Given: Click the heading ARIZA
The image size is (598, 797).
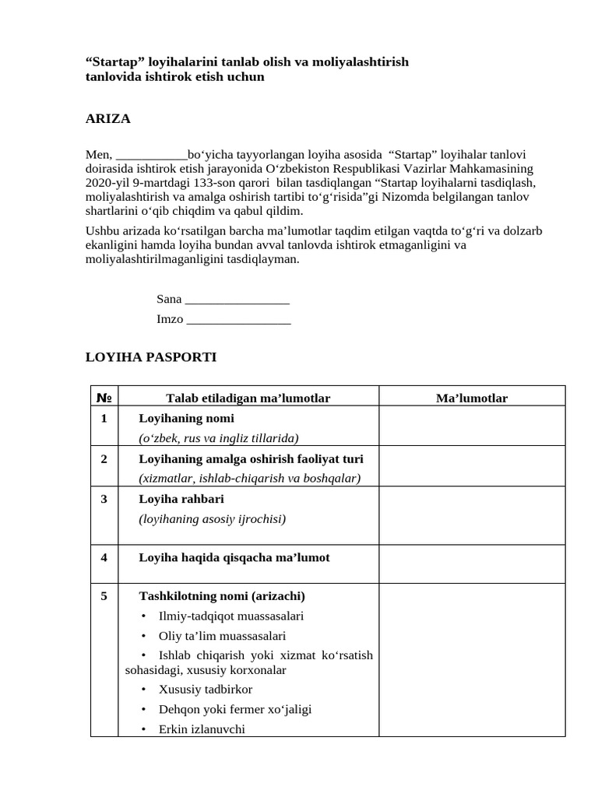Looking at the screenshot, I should [x=107, y=119].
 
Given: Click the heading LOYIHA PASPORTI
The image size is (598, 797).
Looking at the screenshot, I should [x=150, y=357].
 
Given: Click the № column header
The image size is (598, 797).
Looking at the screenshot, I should [x=104, y=398].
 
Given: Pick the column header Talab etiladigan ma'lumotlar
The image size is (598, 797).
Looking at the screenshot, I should [x=248, y=398].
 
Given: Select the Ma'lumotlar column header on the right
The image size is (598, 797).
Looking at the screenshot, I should [x=472, y=398].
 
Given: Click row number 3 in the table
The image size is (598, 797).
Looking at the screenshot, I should [x=104, y=499].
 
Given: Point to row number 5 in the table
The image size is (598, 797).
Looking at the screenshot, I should [x=104, y=596].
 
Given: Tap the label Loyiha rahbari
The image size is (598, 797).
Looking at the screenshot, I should [x=181, y=499].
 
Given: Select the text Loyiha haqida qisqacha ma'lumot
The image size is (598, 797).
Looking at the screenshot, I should [x=234, y=557].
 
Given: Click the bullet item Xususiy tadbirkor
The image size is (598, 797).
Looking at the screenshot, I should [x=205, y=690].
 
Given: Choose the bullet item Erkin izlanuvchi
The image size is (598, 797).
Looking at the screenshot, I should [x=202, y=729].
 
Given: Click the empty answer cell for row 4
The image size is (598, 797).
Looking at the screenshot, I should [x=472, y=564].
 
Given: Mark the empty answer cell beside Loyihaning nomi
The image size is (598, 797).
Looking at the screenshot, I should [x=472, y=426].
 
